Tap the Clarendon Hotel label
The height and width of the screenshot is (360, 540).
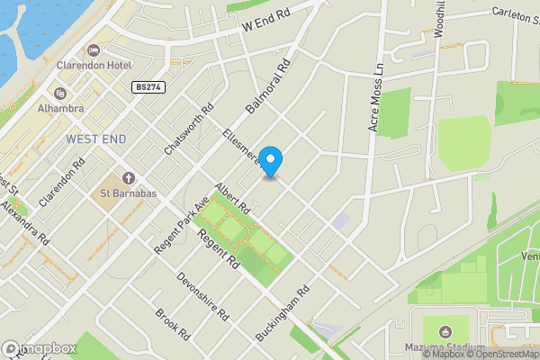tap(94, 66)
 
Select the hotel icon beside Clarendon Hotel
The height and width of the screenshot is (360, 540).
tap(93, 49)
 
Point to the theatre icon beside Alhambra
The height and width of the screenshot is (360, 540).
tap(60, 93)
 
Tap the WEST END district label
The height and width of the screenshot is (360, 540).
tap(95, 139)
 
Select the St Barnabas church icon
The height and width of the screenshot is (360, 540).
tap(127, 177)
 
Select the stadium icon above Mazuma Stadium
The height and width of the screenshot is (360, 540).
tap(447, 330)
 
